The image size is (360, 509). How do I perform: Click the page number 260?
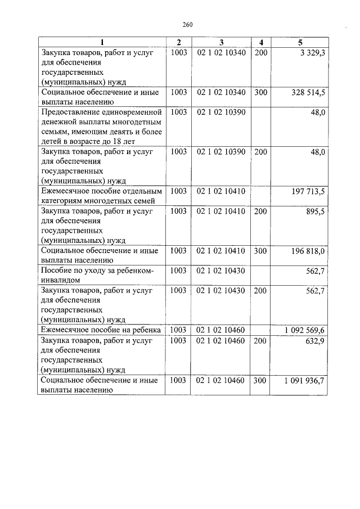tap(188, 24)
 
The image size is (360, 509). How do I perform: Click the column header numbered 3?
tap(221, 43)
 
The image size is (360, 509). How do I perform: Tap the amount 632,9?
tap(315, 340)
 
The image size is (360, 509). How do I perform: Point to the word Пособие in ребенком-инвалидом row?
tap(56, 271)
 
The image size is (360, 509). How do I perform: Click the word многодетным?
tap(138, 122)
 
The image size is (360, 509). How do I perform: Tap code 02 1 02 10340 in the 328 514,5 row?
tap(221, 92)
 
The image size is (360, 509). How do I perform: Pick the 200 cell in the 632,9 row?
tap(260, 340)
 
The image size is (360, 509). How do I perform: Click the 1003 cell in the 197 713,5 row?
tap(178, 191)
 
